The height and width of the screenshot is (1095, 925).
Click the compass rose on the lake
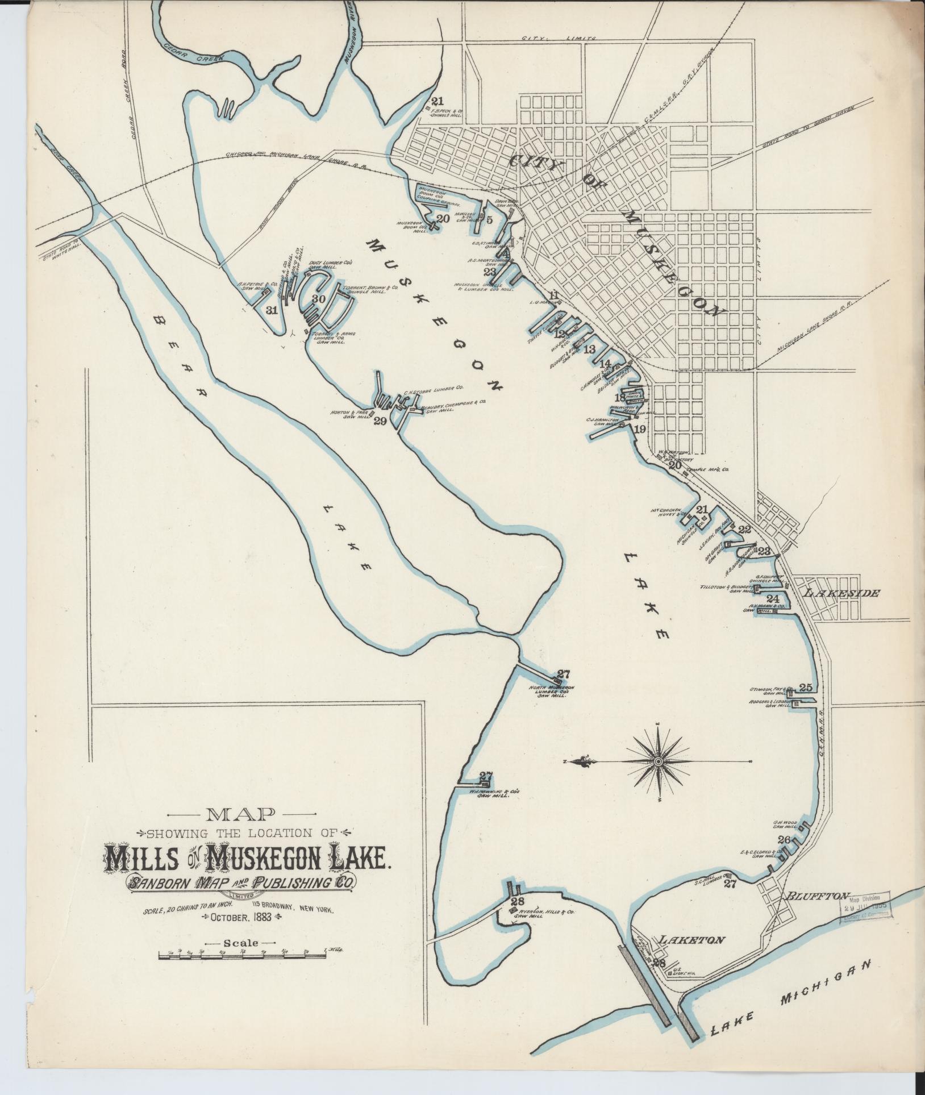click(657, 761)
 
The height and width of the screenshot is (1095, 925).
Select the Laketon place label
click(690, 939)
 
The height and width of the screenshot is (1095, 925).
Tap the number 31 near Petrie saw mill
click(272, 310)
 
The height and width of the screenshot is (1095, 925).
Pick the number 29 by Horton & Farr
click(380, 421)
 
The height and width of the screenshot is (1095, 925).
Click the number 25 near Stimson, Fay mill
click(805, 686)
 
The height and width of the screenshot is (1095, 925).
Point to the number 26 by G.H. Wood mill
click(784, 840)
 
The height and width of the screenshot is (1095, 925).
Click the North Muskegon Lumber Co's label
click(551, 691)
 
